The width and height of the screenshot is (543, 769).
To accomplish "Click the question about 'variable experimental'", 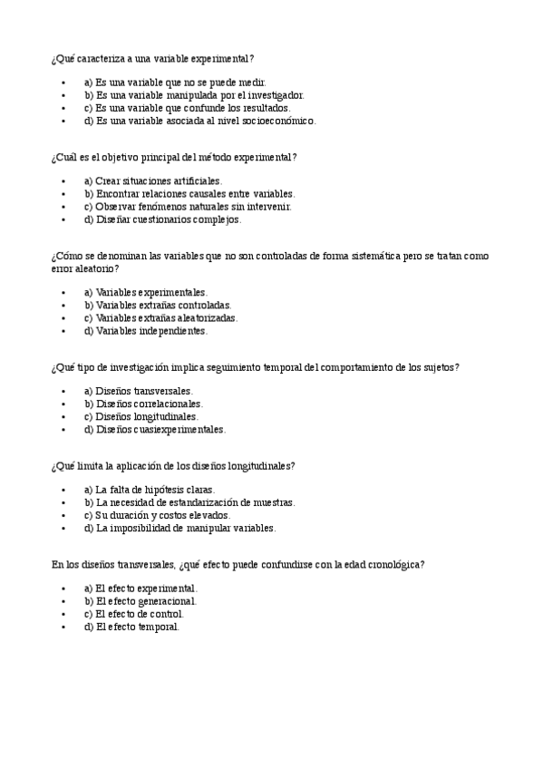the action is (151, 58).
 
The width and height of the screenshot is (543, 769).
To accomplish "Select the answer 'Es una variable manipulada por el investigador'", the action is (194, 94).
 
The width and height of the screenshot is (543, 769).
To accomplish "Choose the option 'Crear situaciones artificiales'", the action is (152, 181).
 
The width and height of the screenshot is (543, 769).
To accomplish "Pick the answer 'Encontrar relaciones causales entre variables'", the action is (189, 194).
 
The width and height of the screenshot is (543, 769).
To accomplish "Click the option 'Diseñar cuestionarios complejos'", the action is (162, 219).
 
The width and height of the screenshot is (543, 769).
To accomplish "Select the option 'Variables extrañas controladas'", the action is (158, 306).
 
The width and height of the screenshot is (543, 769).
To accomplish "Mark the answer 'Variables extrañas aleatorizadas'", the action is (160, 318).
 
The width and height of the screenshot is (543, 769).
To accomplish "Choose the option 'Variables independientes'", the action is (145, 331).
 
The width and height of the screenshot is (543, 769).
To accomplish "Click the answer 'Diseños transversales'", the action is (138, 392).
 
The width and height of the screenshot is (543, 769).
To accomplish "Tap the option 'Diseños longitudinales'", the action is (141, 417).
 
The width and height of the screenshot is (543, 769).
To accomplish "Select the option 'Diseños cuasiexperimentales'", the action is (154, 430).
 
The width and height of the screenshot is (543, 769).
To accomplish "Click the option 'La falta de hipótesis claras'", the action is (150, 490).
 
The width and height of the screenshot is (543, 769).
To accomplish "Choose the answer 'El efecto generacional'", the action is (141, 601).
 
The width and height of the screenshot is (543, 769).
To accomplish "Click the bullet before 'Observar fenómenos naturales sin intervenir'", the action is (63, 207).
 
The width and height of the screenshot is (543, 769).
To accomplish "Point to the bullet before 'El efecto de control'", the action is (63, 614).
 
